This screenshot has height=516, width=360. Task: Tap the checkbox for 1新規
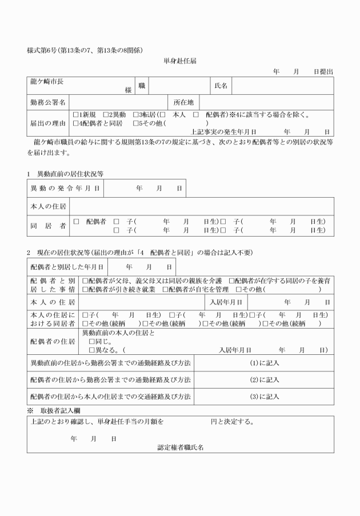[x=76, y=114]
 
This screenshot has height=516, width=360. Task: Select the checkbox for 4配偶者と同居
[x=76, y=123]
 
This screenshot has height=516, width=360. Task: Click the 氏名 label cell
[x=221, y=86]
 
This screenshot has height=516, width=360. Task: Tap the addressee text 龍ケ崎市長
[x=46, y=82]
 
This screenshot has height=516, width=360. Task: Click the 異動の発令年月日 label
[x=65, y=187]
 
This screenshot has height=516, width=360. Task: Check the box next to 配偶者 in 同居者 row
[x=76, y=221]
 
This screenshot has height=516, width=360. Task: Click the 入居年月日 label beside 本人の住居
[x=227, y=302]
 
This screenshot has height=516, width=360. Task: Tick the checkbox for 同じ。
[x=92, y=341]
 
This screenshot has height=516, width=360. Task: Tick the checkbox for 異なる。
[x=92, y=350]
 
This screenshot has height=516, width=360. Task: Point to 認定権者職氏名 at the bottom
[x=181, y=448]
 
